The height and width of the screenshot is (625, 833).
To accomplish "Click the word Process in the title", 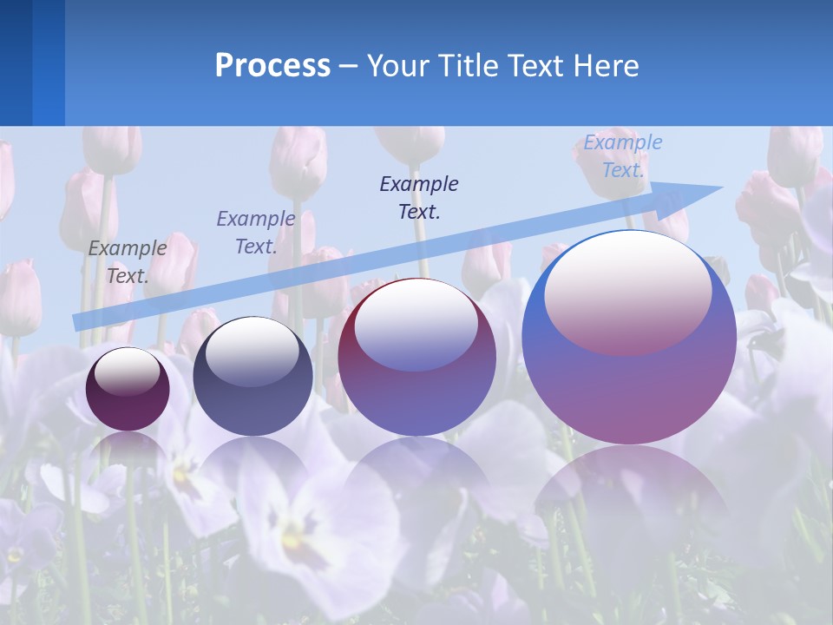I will [272, 65].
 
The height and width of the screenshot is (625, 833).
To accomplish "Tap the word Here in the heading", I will [604, 65].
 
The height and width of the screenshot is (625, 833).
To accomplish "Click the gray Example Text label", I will [127, 261].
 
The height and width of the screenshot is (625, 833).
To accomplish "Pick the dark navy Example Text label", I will [419, 197].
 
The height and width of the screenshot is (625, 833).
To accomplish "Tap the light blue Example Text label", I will [622, 156].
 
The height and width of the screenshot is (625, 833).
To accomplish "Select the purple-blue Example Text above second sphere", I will [255, 232].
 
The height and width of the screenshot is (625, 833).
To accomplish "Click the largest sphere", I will [629, 382].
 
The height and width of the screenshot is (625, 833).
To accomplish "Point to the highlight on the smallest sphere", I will [128, 372].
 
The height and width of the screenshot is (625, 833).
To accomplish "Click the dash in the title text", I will [349, 66].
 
